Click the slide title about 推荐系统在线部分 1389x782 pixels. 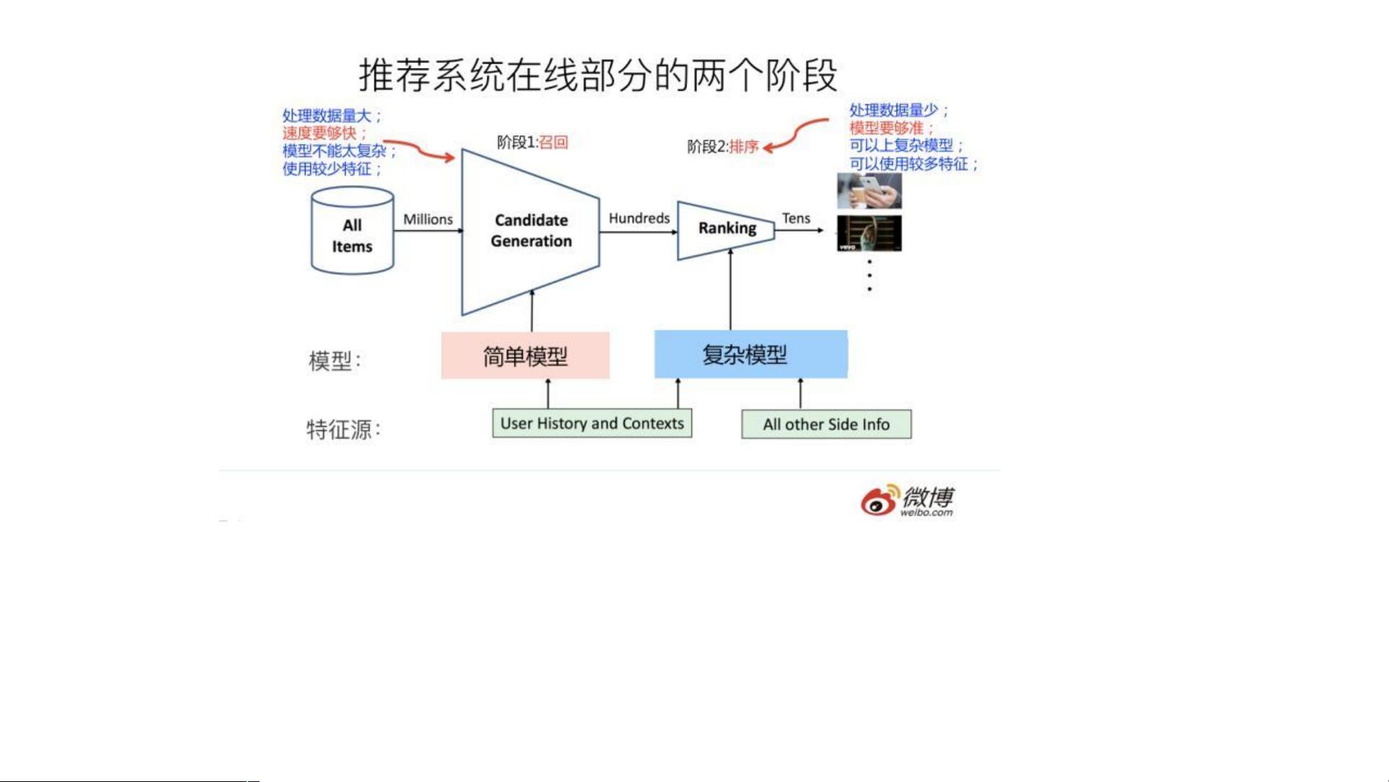598,75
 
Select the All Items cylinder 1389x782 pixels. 352,231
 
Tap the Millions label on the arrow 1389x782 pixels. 428,219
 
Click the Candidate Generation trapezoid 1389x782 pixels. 531,231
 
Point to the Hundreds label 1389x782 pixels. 639,218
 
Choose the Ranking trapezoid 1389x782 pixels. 726,230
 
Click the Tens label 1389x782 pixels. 796,218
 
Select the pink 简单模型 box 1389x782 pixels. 526,356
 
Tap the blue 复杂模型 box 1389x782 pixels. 751,354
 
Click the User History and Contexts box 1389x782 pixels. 592,423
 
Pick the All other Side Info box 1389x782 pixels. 826,424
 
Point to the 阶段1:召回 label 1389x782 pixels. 532,142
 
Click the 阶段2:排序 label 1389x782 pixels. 722,147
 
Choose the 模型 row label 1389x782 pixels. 335,360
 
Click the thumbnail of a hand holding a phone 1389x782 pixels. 869,191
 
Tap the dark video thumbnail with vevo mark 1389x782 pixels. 869,233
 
